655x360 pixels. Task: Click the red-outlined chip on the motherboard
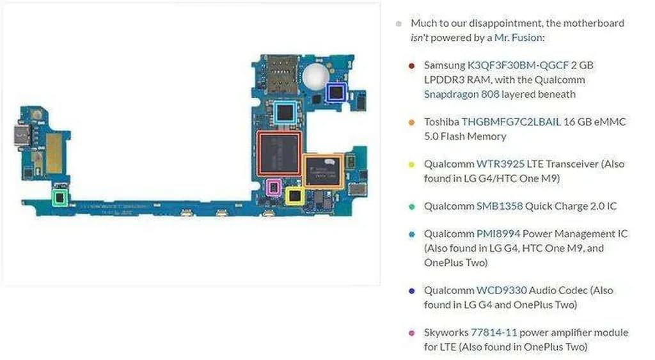pos(280,153)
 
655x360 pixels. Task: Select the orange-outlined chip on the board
pos(323,170)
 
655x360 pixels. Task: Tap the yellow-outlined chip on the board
pos(294,196)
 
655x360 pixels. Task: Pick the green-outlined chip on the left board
pos(60,198)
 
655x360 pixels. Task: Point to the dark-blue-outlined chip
pos(335,93)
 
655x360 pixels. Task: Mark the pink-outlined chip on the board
pos(273,187)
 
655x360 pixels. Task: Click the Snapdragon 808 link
pos(461,94)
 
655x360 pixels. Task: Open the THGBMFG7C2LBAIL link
pos(511,121)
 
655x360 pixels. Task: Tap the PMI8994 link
pos(498,234)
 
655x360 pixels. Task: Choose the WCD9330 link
pos(501,290)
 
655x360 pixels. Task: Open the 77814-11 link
pos(494,333)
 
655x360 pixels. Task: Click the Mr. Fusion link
pos(517,38)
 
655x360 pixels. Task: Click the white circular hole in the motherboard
pos(313,77)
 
